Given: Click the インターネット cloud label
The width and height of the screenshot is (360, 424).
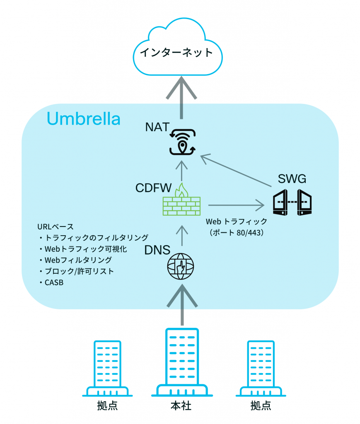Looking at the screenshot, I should pos(176,53).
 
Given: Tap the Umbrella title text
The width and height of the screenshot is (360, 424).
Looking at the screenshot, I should pos(84,119).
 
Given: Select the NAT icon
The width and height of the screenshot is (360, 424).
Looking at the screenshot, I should pos(183,142).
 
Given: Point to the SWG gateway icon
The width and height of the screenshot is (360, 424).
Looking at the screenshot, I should pos(292,202).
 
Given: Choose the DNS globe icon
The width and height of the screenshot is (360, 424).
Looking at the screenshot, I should pos(180,266).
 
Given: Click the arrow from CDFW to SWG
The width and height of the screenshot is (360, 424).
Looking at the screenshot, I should pos(236,204).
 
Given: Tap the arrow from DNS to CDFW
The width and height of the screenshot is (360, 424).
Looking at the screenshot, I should pos(181,236).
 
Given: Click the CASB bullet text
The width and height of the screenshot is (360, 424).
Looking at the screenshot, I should pos(51,283).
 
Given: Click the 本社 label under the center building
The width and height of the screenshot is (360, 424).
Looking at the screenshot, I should pos(181,406).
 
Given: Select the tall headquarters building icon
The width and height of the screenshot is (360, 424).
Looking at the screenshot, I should pos(181,362).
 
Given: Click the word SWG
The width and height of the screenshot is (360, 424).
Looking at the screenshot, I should pos(292,179).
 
